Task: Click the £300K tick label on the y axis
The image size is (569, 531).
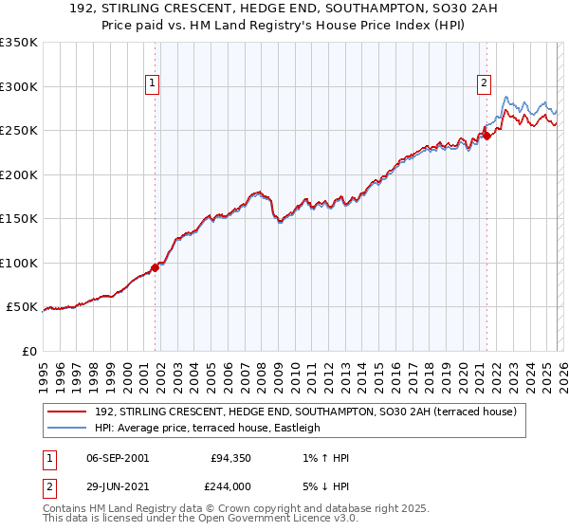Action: pos(19,86)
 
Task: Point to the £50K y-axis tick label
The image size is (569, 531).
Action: pos(23,307)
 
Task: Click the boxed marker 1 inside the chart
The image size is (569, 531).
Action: pos(152,83)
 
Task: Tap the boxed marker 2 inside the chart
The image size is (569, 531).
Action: pos(484,83)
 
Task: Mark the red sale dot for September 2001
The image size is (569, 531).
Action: pos(155,267)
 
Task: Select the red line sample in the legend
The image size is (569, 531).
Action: pos(66,412)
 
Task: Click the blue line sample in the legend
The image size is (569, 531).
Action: pos(66,428)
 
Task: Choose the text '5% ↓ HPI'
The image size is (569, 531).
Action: pos(322,485)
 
